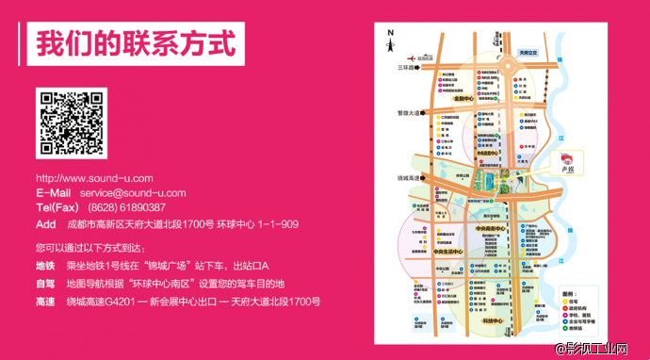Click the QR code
coord(69,123)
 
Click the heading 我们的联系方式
coord(133,43)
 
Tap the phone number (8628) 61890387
coord(126,207)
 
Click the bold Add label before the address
coord(46,224)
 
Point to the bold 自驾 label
coord(45,284)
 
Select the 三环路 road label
coord(406,68)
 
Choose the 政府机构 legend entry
coord(571,306)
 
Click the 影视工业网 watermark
coord(603,350)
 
